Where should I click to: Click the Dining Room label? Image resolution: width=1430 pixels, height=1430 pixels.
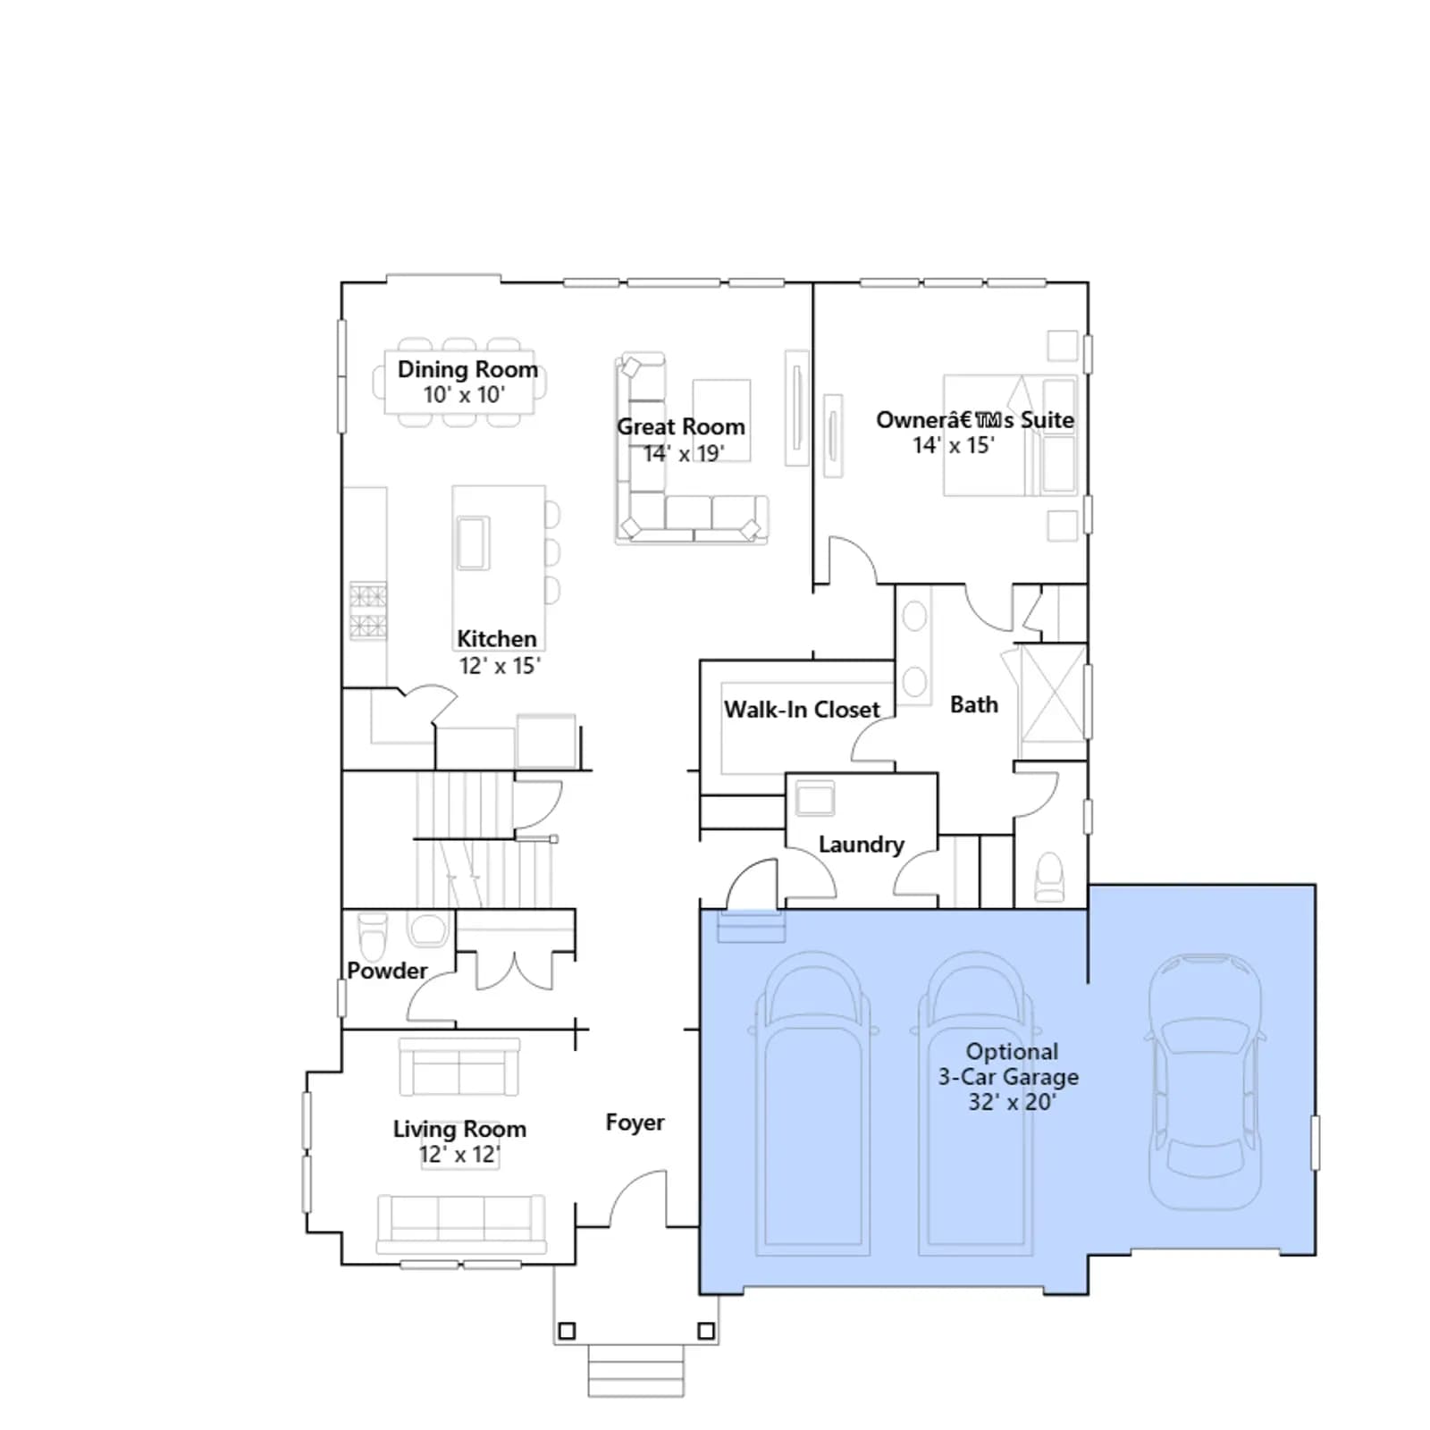(x=467, y=369)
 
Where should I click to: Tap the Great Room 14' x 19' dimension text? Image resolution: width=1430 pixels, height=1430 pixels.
(x=684, y=453)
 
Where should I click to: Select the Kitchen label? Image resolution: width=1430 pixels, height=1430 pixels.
(x=497, y=639)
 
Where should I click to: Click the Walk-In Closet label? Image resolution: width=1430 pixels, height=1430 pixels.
(x=802, y=710)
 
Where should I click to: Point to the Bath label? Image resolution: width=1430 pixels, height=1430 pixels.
(x=974, y=705)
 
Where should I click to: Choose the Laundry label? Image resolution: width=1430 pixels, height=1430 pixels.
(x=862, y=845)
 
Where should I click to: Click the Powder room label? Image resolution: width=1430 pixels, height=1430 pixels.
(x=387, y=971)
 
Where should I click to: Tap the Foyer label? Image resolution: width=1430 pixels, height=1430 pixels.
(x=635, y=1123)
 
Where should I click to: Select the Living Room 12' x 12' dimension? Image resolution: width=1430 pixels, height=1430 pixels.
(x=459, y=1155)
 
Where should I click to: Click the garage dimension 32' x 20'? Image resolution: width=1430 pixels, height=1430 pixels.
(x=1012, y=1102)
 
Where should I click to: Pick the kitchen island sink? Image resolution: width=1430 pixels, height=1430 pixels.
(x=473, y=543)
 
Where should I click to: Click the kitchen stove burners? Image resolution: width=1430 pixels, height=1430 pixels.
(x=367, y=610)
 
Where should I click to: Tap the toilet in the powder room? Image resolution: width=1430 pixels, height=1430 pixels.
(x=372, y=934)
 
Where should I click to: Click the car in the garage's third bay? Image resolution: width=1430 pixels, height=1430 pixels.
(x=1205, y=1081)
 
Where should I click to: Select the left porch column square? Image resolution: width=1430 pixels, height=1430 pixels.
(x=567, y=1332)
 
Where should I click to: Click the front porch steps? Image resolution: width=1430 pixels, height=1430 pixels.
(x=635, y=1371)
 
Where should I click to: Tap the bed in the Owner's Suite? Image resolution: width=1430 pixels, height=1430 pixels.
(x=1010, y=435)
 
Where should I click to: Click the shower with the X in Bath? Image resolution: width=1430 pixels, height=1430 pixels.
(x=1053, y=694)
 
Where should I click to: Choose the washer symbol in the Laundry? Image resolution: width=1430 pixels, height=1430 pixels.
(x=815, y=798)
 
